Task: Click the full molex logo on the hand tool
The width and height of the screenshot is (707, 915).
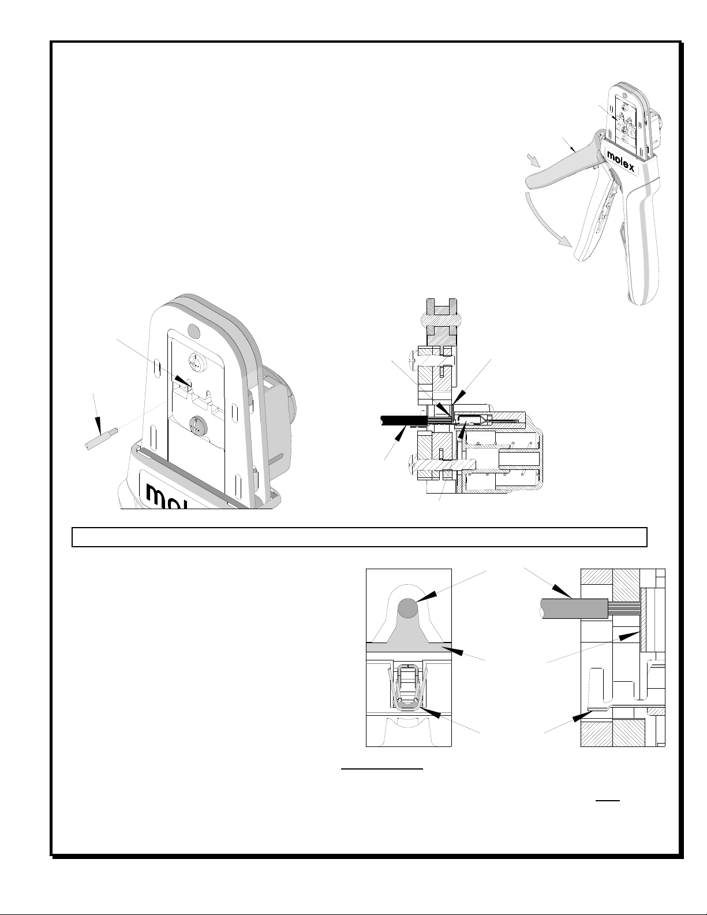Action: [x=620, y=161]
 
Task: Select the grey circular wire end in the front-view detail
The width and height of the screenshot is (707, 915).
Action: [x=407, y=608]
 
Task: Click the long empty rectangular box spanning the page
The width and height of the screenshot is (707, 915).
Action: [x=360, y=537]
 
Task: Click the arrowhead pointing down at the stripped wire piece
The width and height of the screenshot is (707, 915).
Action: [x=98, y=425]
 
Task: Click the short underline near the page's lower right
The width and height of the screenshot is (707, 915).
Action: [x=608, y=800]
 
